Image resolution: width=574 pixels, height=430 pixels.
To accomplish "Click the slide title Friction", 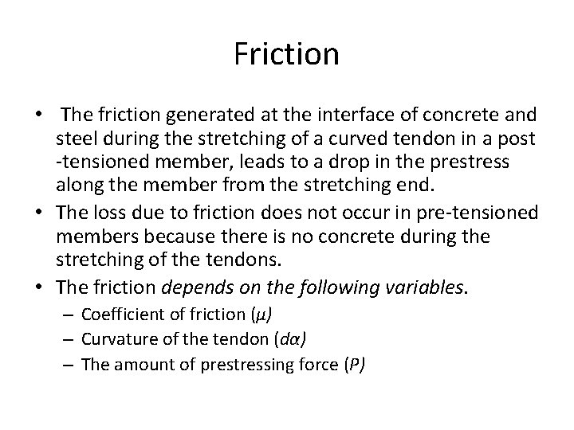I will click(x=287, y=55).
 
